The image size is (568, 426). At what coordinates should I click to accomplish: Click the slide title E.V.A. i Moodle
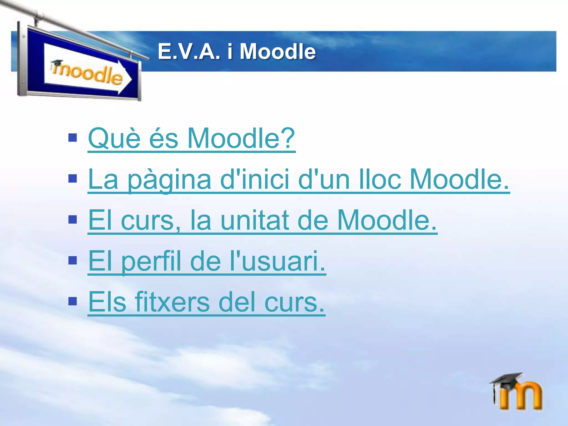(237, 52)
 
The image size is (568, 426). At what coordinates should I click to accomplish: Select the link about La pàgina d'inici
(298, 179)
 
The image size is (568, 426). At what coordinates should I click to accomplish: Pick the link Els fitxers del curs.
(206, 302)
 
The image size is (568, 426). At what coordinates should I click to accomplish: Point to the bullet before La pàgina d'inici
(73, 179)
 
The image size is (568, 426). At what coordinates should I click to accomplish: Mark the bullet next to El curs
(73, 220)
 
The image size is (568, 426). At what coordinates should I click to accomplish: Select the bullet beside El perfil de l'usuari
(73, 260)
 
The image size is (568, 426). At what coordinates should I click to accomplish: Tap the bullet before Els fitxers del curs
(73, 301)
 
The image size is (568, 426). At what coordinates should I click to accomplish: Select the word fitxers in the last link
(172, 302)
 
